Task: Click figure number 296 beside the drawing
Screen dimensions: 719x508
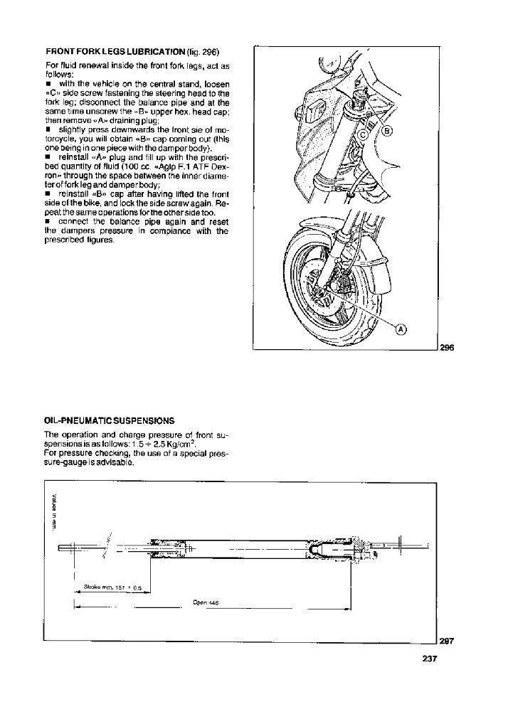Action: coord(446,348)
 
